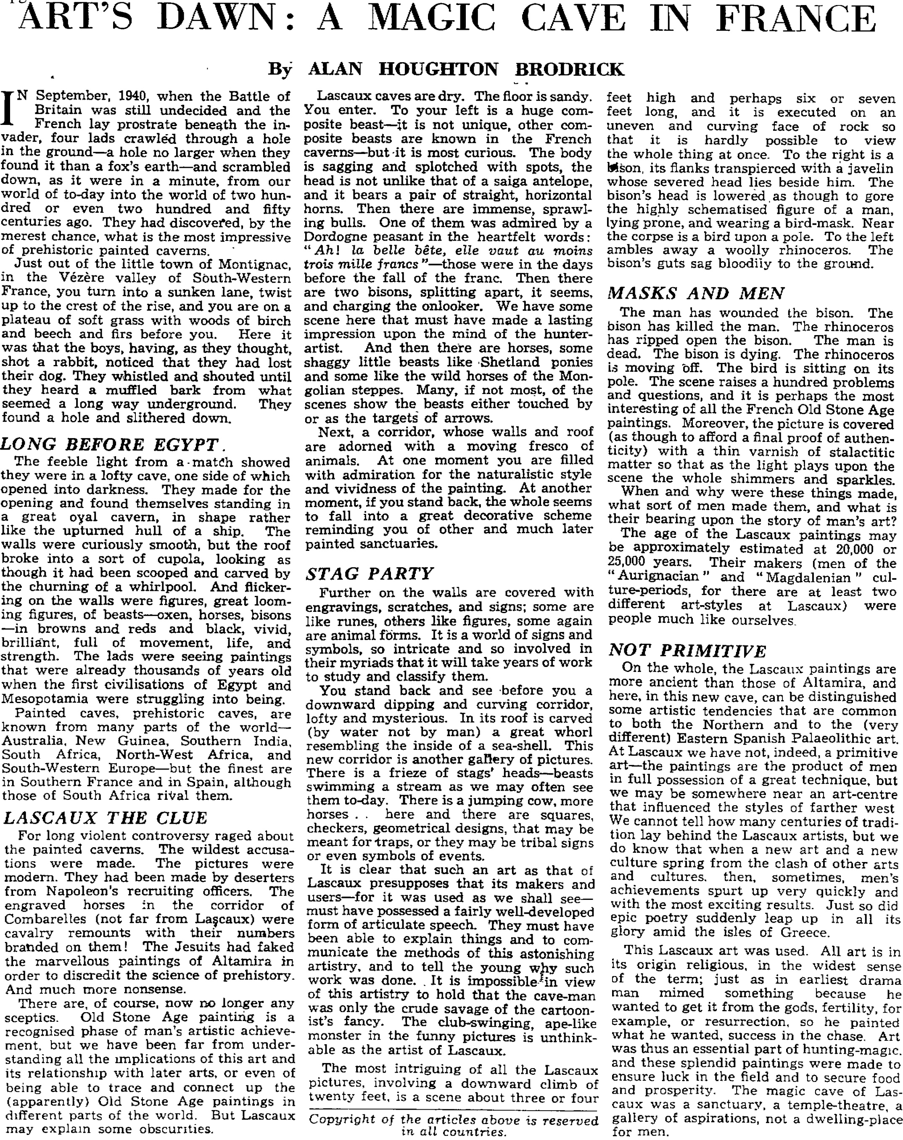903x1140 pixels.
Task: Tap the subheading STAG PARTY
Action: [370, 574]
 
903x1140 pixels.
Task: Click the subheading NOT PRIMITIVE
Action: [687, 651]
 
